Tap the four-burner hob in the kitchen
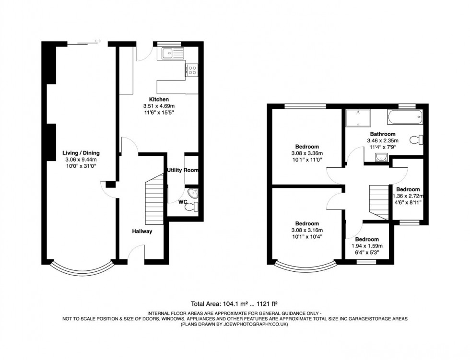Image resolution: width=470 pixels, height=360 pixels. pos(192,70)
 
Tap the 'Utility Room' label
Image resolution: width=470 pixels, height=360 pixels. pos(183,170)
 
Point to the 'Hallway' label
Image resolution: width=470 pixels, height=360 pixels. pos(142,232)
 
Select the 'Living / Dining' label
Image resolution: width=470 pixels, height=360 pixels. pos(81,153)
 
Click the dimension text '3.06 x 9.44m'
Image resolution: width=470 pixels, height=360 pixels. pos(81,160)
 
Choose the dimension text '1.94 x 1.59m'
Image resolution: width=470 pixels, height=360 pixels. pos(367,246)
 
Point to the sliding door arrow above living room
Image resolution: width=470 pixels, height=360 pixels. pos(98,41)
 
